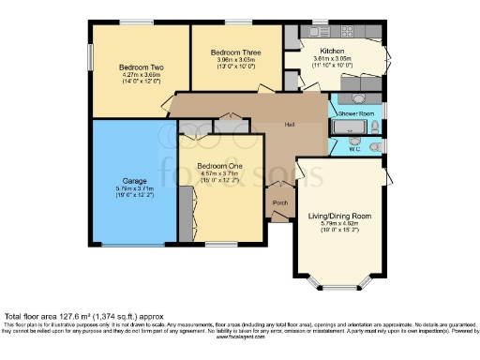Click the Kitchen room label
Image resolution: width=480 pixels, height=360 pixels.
coord(333,51)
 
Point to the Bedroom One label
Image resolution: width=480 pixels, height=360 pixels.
coord(219,165)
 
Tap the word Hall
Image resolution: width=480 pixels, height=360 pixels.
coord(292,125)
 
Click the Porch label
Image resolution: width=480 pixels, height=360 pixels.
coord(279,202)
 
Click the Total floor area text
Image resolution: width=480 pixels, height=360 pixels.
coord(70,316)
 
